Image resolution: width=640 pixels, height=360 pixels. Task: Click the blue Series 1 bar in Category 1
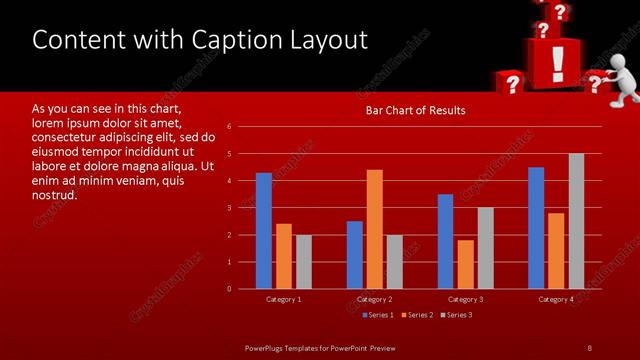coord(263,231)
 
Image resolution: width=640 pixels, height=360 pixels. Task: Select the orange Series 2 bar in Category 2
coord(374,229)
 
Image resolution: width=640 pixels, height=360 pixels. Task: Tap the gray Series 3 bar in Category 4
coord(576,221)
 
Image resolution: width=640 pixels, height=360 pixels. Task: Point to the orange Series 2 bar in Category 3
coord(465,264)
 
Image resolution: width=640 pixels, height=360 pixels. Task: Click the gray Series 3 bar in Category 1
coord(303,262)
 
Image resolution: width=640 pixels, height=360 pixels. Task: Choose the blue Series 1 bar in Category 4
coord(536,228)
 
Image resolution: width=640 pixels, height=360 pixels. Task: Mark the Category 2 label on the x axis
coord(374,299)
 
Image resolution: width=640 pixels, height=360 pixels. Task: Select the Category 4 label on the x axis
coord(556,299)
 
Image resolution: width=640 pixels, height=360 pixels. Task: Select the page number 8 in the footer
coord(589,347)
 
